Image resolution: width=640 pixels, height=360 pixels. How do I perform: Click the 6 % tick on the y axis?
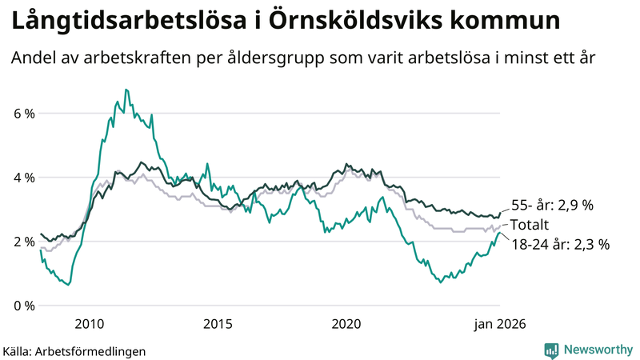coord(24,114)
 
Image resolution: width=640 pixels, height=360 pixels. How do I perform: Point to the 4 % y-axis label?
coord(24,178)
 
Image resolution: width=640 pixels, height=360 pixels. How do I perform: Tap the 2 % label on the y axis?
coord(24,242)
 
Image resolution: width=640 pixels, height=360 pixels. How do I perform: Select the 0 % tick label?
coord(24,306)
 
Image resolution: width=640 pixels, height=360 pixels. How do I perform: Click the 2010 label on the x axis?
coord(89,324)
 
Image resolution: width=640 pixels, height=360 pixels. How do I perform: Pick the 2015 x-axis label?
coord(218,324)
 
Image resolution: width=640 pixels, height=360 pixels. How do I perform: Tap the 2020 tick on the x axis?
coord(346,324)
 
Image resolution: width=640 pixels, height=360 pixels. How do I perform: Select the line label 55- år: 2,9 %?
coord(552,205)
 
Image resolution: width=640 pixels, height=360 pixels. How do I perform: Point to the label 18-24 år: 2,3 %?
coord(560,245)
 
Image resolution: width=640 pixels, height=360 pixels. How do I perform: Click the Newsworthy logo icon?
coord(551,350)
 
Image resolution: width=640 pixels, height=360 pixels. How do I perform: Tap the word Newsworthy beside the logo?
coord(597,350)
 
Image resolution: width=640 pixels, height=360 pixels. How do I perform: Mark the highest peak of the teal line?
coord(126,90)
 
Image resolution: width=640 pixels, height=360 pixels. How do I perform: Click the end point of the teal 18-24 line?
coord(500,232)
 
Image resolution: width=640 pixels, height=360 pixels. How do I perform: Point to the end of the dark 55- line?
coord(500,213)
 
